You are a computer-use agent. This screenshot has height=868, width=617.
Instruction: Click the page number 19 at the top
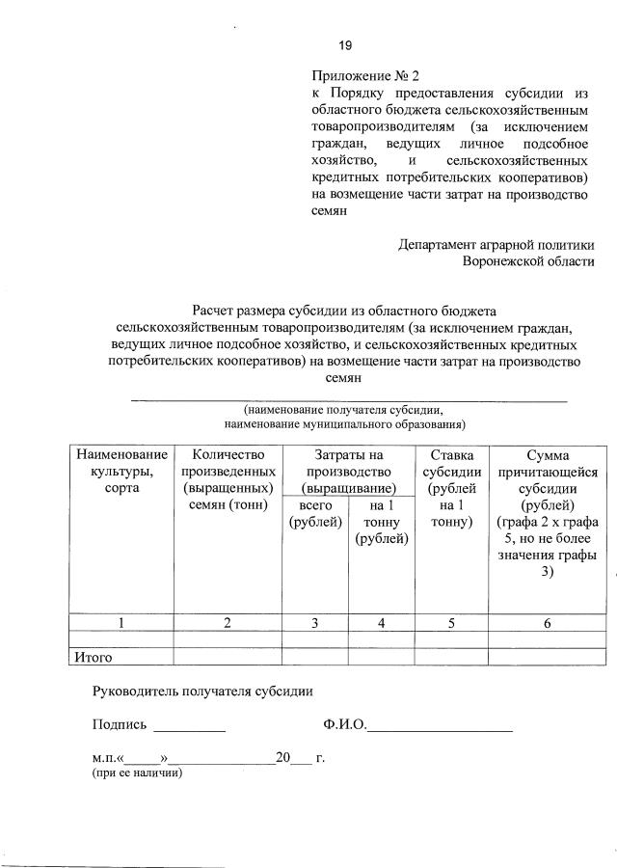344,45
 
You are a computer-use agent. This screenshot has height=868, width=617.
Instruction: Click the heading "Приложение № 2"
366,75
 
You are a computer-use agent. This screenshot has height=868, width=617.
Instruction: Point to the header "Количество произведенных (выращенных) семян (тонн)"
228,479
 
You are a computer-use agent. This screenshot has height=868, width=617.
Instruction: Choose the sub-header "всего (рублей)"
315,513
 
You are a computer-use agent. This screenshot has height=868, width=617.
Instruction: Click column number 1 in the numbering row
121,623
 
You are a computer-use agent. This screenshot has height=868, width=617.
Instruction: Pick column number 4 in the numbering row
381,623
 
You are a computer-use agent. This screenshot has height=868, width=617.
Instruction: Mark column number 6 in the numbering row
547,623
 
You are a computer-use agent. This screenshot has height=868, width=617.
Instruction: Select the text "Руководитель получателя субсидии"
202,691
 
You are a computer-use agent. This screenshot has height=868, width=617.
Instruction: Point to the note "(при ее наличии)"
137,773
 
